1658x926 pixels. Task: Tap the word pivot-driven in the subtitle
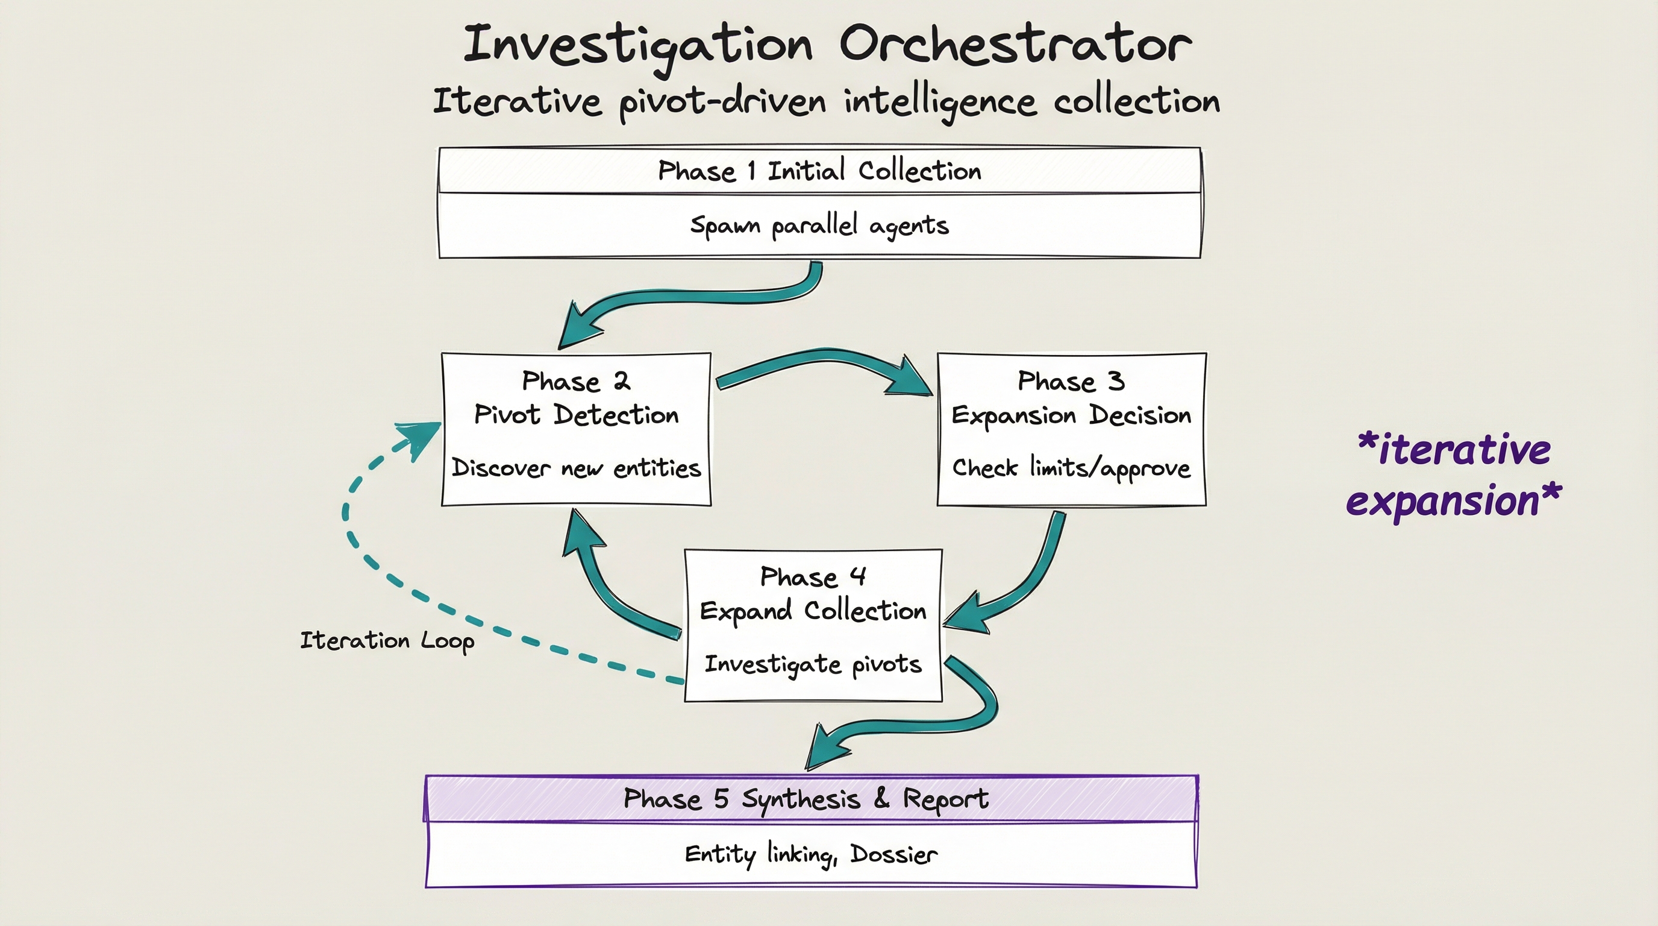[x=722, y=103]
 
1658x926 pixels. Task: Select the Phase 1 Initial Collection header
[x=819, y=171]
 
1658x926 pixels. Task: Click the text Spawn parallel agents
[x=819, y=225]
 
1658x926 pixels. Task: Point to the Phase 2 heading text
[x=575, y=381]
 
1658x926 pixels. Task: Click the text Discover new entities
[x=575, y=468]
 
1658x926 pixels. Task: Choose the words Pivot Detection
[x=575, y=415]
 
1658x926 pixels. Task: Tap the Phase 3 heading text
[x=1071, y=381]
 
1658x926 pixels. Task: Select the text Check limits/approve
[x=1071, y=468]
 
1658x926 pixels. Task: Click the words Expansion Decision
[x=1071, y=415]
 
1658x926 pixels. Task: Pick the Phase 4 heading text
[x=812, y=576]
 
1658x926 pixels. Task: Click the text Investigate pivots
[x=812, y=664]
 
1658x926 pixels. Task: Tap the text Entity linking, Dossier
[x=810, y=854]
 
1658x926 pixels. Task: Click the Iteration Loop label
[x=387, y=641]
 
